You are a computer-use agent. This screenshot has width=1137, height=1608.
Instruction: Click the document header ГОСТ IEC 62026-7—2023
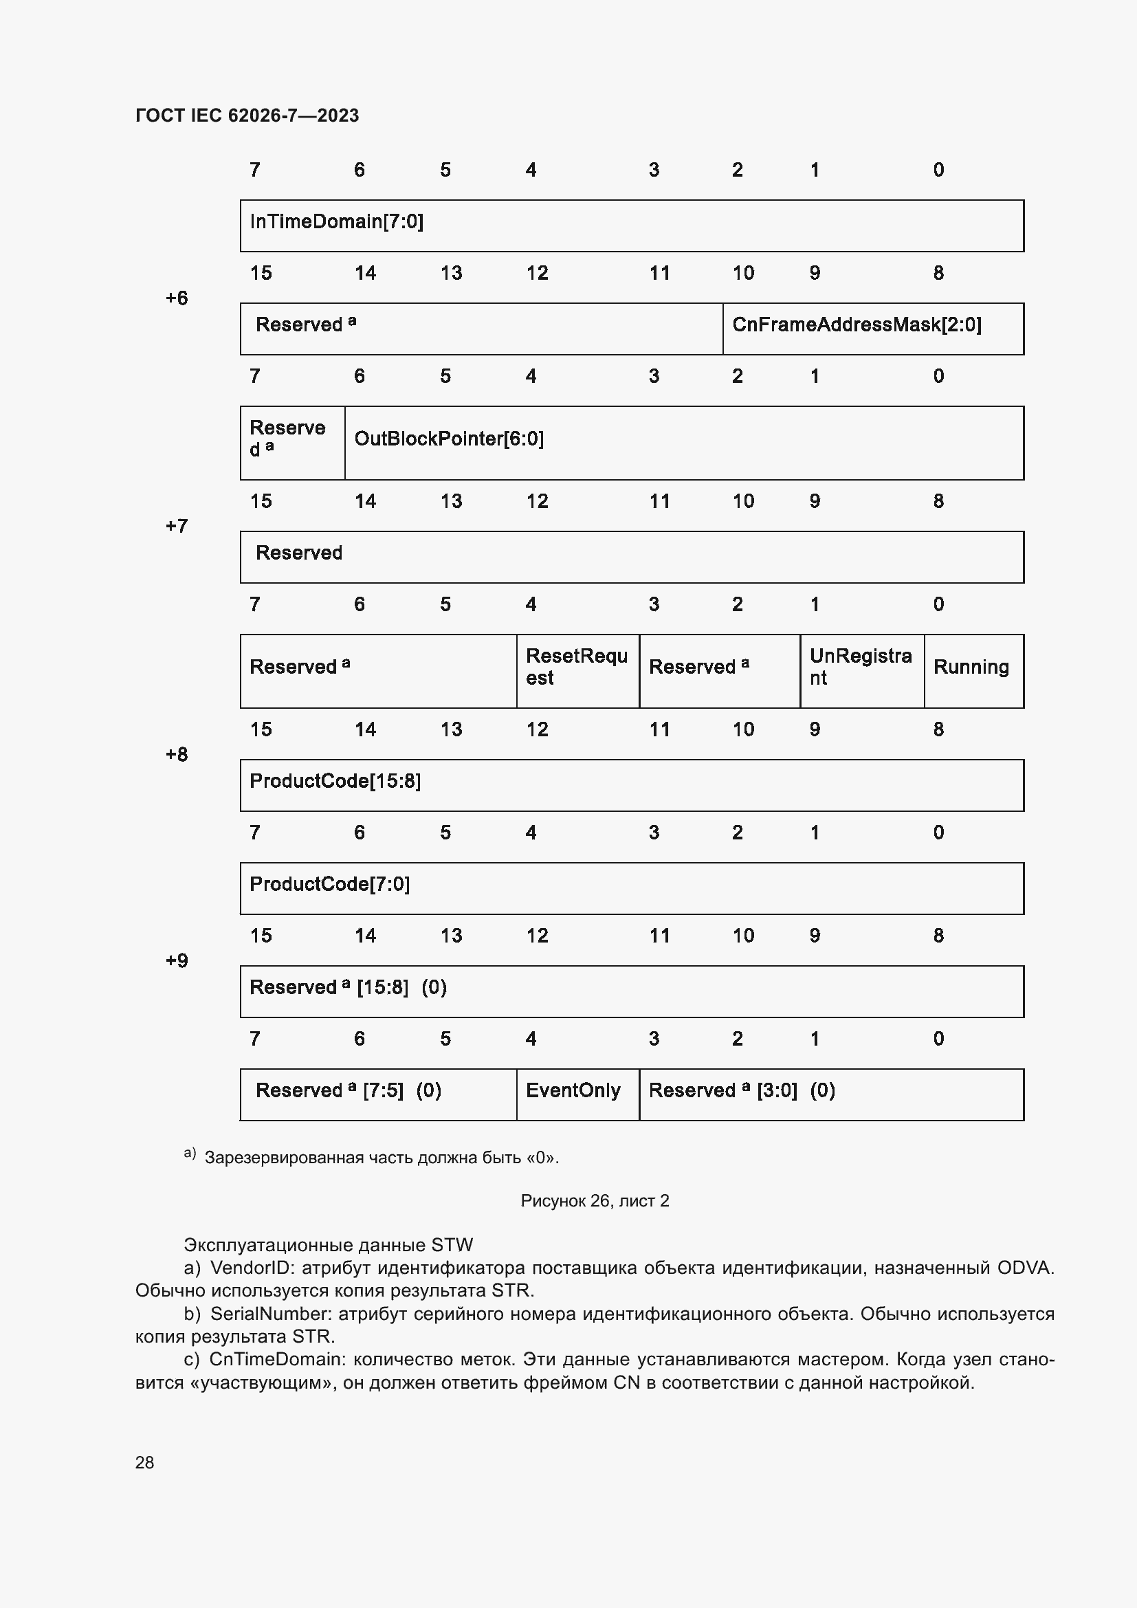click(247, 115)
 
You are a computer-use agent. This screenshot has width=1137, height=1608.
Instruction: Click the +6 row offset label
click(177, 298)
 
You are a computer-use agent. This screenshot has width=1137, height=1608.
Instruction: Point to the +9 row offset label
click(177, 960)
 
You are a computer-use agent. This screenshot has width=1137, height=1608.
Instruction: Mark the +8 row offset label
click(177, 755)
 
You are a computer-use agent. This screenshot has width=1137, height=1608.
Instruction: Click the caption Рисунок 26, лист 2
click(595, 1201)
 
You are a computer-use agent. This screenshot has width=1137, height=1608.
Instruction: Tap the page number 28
click(144, 1462)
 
